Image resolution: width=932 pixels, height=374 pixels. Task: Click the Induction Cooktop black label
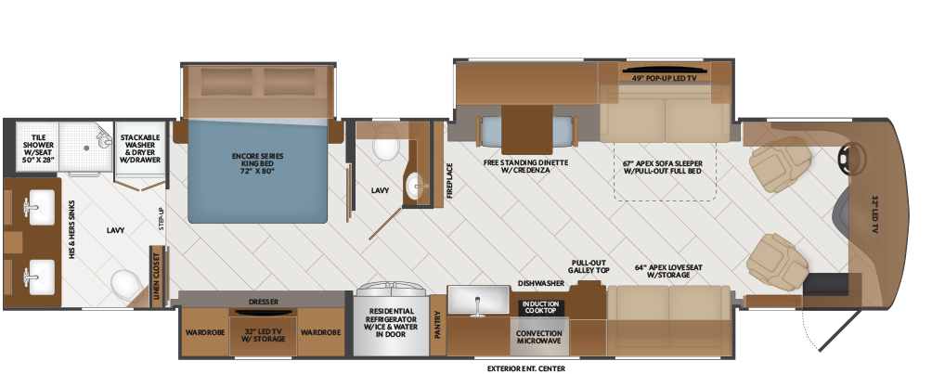[x=539, y=306]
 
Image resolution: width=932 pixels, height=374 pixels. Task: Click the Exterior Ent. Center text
[x=524, y=368]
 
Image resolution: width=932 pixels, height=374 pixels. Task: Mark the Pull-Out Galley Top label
[x=589, y=266]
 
